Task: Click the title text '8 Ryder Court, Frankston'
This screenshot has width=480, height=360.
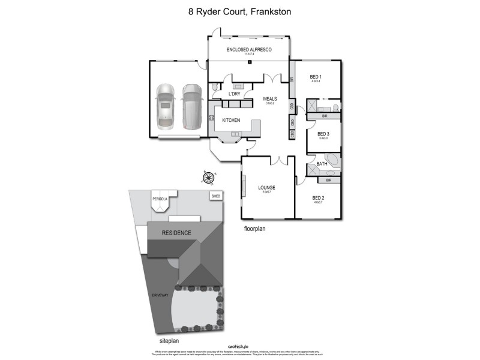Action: [x=240, y=11]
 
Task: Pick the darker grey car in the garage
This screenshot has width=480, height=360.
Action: [x=191, y=106]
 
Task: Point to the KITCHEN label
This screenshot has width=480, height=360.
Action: [x=231, y=120]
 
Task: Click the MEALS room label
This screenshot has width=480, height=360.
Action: [x=268, y=99]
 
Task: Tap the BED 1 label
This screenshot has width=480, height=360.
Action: [x=316, y=76]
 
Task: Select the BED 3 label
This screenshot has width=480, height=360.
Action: [x=323, y=134]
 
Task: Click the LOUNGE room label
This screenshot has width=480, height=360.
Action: [x=266, y=187]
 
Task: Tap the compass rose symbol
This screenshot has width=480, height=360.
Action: [x=208, y=177]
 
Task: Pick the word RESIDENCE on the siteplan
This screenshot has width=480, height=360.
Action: [x=176, y=233]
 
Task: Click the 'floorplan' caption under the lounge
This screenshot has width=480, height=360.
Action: [x=256, y=229]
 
